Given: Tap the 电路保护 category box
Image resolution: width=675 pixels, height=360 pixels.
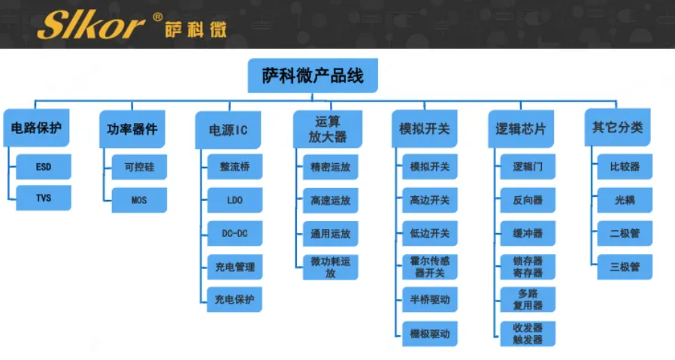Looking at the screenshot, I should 35,128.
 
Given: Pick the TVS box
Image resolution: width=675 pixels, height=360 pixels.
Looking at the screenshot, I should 44,198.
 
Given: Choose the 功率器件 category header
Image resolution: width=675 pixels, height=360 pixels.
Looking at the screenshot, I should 132,129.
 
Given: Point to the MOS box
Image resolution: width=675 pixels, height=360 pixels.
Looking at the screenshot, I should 139,200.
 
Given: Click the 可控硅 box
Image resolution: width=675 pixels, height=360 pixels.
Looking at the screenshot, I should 139,167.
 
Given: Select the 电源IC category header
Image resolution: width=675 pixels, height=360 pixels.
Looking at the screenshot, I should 229,129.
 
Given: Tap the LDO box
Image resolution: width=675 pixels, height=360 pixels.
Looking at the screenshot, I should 235,200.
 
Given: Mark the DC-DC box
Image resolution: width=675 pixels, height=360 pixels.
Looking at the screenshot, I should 235,233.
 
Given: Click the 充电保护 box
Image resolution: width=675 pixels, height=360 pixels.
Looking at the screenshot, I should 235,299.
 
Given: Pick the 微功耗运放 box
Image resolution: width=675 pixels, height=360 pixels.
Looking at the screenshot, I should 331,267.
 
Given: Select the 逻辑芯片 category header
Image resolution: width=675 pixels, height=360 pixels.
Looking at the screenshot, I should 520,129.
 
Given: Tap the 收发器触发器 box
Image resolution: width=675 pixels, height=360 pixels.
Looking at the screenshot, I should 528,333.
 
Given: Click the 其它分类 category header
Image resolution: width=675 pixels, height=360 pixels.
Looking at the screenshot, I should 617,128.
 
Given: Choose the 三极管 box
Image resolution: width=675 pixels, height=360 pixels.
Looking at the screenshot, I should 625,266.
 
